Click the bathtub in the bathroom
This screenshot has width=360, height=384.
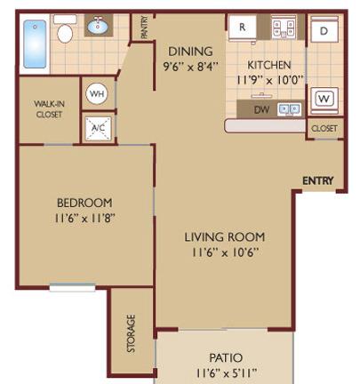click(x=35, y=44)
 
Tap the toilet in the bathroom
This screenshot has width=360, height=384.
click(x=65, y=28)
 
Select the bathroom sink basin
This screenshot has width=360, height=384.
click(x=98, y=26)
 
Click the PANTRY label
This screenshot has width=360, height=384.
click(x=144, y=28)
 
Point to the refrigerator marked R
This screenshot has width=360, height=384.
click(x=243, y=28)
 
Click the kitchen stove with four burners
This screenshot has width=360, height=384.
click(x=284, y=28)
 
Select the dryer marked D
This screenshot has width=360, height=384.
click(x=324, y=29)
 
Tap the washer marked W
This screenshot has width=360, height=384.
click(x=324, y=99)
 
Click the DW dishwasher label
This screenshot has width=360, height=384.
click(x=262, y=110)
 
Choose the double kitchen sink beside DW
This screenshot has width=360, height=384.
click(x=289, y=109)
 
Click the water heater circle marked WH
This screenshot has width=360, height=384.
click(x=97, y=93)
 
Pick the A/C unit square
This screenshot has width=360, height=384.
click(x=98, y=129)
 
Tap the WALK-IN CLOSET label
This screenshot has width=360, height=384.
click(x=49, y=109)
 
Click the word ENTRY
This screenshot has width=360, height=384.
click(x=318, y=180)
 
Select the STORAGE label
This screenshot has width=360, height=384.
click(x=131, y=333)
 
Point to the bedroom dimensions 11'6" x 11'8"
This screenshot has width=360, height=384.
click(x=84, y=219)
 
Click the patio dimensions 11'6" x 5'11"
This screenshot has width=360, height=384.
click(x=226, y=373)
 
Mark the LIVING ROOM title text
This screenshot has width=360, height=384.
click(x=225, y=237)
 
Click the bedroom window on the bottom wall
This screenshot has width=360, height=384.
click(x=72, y=287)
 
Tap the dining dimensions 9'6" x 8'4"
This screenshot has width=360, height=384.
click(x=191, y=67)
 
